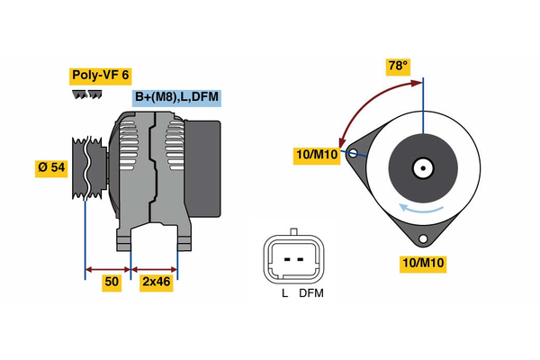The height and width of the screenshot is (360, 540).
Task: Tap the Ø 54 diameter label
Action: click(x=51, y=167)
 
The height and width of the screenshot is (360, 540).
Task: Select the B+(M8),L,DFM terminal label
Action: click(x=176, y=97)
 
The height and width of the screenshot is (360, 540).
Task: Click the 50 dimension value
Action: click(x=112, y=282)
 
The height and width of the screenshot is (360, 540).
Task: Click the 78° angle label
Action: click(x=397, y=66)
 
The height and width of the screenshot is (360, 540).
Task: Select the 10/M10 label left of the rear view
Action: click(x=316, y=155)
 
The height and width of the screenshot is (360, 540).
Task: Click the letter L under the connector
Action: click(x=284, y=293)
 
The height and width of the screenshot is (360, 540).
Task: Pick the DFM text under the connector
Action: click(x=310, y=293)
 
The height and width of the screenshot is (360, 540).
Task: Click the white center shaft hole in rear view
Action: click(x=422, y=167)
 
